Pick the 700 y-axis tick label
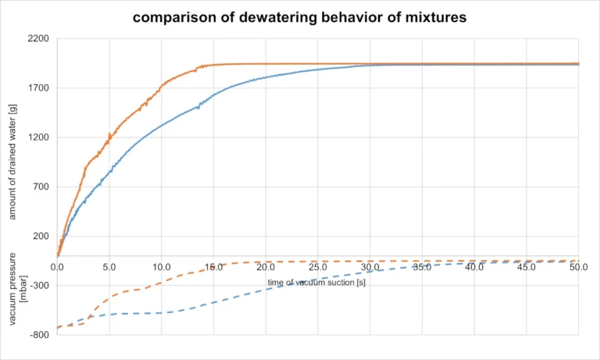coord(41,187)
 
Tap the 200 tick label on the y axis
coord(41,236)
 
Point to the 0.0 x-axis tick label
coord(57,267)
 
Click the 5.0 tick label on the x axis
coord(109,267)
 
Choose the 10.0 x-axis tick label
coord(161,267)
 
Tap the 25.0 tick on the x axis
coord(317,267)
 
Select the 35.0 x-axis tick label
coord(422,267)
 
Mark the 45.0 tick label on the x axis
coord(526,267)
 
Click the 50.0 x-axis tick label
coord(578,267)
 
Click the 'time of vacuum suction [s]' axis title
coord(316,282)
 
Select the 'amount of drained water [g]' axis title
coord(12,165)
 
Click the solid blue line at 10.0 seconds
coord(161,125)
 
